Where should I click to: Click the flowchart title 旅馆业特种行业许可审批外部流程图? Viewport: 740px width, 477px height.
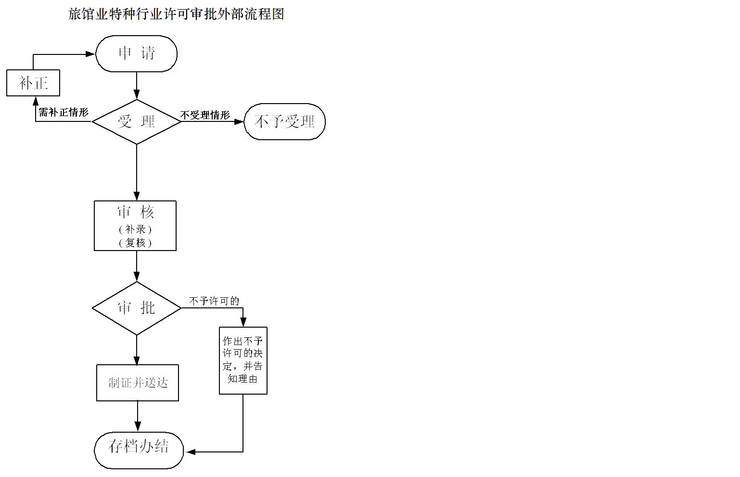click(176, 14)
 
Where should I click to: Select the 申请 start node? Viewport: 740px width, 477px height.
click(137, 53)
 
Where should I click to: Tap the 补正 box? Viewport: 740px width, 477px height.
click(33, 83)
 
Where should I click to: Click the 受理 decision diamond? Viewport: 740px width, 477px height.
click(137, 121)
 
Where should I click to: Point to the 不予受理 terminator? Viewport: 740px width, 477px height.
click(284, 121)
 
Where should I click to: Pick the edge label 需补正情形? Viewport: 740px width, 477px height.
click(64, 113)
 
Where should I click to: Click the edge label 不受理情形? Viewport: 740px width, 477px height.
click(205, 115)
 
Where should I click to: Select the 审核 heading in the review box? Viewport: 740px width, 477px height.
click(136, 212)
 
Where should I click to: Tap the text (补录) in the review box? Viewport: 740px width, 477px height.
click(135, 229)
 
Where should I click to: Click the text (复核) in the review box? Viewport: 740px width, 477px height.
click(135, 242)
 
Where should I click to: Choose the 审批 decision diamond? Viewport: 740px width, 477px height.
click(137, 308)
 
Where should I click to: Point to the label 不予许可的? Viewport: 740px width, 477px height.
click(214, 301)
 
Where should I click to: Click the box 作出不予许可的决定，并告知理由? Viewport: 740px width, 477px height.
click(243, 360)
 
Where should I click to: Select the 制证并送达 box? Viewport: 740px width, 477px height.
click(138, 383)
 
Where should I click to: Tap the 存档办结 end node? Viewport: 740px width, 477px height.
click(139, 446)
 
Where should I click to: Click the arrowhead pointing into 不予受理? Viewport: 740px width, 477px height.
click(239, 121)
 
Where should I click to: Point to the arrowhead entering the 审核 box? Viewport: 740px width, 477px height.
click(137, 196)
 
